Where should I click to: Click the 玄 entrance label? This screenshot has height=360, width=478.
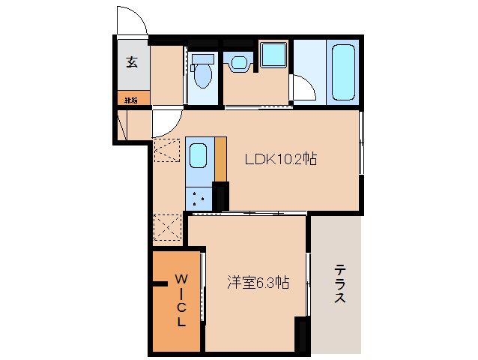click(132, 63)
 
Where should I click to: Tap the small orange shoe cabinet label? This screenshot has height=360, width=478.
click(132, 99)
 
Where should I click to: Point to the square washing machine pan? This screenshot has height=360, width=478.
click(273, 55)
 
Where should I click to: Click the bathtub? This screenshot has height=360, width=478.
click(342, 73)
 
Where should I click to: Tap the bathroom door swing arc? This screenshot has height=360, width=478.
click(303, 89)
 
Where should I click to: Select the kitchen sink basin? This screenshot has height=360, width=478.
click(199, 156)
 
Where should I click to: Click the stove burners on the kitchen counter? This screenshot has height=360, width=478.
click(199, 199)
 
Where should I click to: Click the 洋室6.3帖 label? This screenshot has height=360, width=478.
click(258, 283)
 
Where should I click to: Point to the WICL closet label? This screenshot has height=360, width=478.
click(181, 300)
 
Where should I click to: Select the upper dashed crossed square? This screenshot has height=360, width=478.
click(168, 150)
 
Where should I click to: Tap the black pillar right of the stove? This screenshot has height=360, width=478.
click(220, 196)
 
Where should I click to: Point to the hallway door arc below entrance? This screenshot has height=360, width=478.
click(166, 123)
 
